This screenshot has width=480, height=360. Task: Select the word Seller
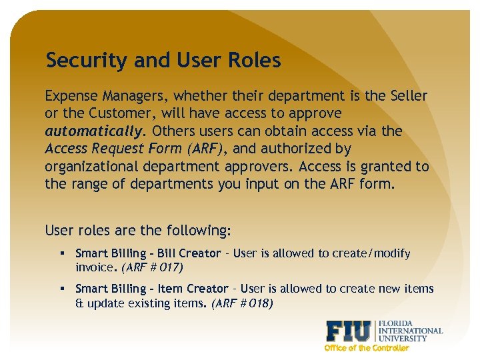(407, 96)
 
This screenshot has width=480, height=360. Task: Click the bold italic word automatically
(94, 131)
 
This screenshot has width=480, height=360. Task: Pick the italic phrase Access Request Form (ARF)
(131, 148)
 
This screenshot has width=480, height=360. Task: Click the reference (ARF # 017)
(153, 267)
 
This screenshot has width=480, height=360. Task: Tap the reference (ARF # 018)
(242, 303)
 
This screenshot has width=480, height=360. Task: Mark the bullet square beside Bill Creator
(61, 254)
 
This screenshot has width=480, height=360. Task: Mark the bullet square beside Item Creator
(61, 289)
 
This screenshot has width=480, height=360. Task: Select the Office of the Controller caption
(366, 348)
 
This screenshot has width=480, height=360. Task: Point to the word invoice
(94, 267)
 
